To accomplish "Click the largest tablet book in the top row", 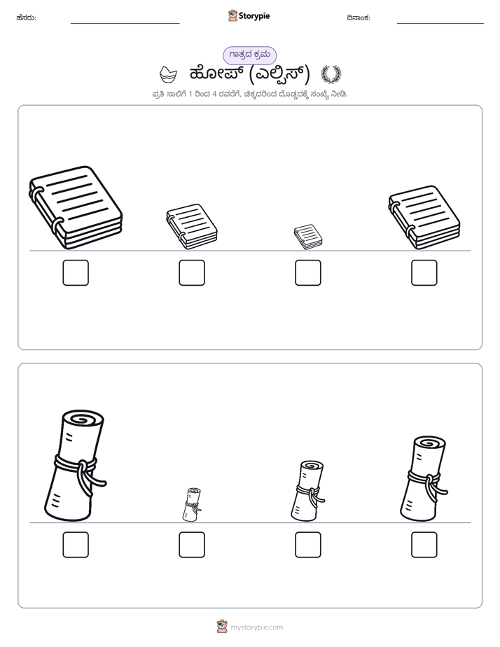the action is (x=76, y=207).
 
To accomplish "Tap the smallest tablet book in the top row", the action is (x=308, y=237).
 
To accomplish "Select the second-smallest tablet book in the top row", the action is (x=192, y=227).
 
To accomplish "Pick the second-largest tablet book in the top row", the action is (x=424, y=218).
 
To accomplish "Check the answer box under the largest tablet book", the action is (x=76, y=273).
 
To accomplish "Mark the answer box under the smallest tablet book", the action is (x=308, y=273).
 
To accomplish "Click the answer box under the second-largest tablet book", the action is (x=424, y=273).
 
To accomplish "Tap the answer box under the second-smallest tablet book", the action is (x=192, y=273).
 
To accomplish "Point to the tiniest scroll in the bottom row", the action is (x=192, y=505).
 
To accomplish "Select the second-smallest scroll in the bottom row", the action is (x=307, y=491).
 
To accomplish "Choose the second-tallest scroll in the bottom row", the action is (x=424, y=479).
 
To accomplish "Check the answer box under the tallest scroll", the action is (x=76, y=545).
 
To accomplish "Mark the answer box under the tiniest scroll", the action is (x=192, y=545).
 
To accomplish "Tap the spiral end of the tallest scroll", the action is (x=82, y=419).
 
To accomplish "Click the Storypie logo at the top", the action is (x=249, y=15).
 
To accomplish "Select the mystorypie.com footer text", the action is (x=256, y=627).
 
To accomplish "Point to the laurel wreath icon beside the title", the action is (x=331, y=74).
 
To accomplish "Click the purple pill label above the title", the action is (x=249, y=55).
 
